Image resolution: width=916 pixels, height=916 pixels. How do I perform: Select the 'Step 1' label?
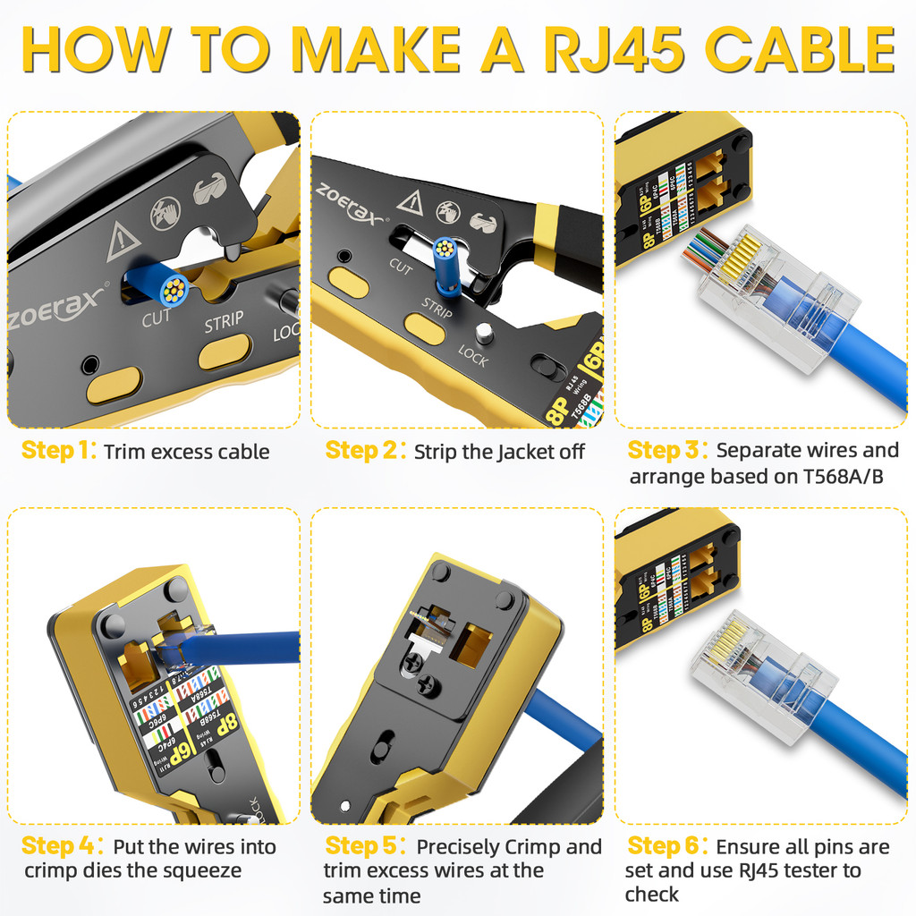point(58,451)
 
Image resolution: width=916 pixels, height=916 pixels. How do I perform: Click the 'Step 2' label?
point(362,451)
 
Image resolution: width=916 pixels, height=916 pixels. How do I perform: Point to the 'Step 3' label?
point(666,450)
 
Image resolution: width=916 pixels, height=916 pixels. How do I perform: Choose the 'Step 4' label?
point(58,846)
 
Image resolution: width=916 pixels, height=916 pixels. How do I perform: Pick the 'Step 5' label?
point(362,846)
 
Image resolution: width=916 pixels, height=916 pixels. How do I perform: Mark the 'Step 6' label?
point(666,846)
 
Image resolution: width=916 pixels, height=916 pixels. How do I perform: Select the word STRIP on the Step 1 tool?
point(223,323)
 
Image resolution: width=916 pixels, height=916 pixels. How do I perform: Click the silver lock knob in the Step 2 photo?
point(484,334)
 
